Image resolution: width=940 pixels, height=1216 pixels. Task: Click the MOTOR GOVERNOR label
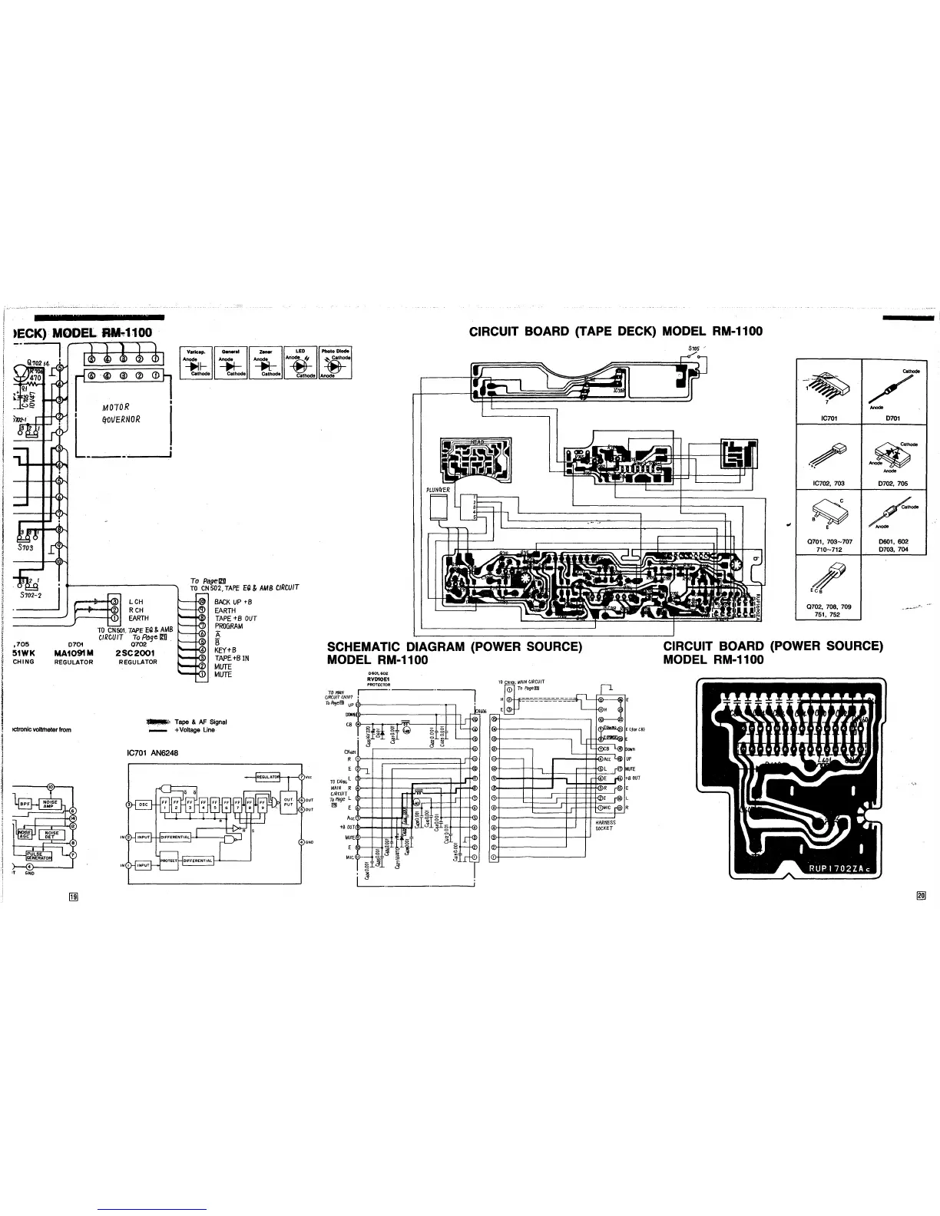[121, 413]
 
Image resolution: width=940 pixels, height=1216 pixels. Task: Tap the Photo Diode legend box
[336, 364]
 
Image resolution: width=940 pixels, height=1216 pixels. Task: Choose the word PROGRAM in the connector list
[229, 626]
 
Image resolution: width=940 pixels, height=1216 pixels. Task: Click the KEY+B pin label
[226, 650]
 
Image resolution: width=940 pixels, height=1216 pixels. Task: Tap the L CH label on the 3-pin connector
[137, 602]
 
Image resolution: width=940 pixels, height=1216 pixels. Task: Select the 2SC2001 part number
[134, 653]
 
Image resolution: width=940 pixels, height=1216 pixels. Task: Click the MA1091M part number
[74, 653]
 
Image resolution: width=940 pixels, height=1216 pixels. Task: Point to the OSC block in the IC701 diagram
[144, 805]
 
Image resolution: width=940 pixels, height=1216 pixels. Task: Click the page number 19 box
[74, 896]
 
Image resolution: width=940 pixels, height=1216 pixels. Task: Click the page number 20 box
[922, 894]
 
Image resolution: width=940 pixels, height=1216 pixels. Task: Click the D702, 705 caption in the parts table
[892, 484]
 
